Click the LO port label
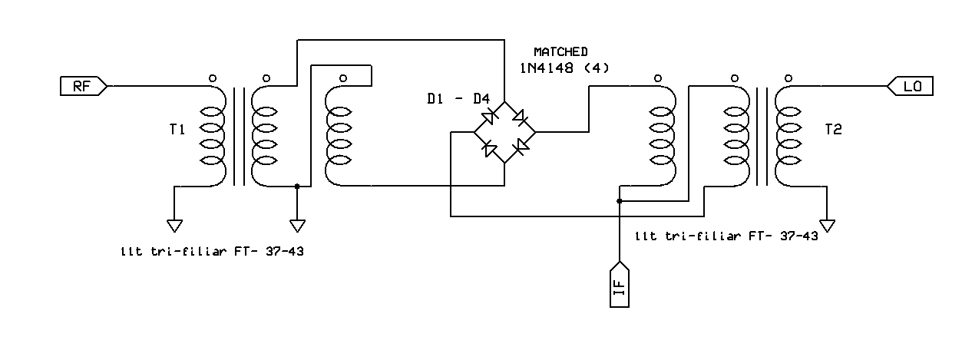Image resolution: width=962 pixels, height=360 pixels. coord(911,87)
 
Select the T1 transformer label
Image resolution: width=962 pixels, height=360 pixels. coord(177,130)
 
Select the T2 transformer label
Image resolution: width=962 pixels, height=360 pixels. coord(833,130)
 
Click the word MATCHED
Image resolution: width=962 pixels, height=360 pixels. coord(560,51)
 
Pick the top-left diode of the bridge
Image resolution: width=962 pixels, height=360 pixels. coord(488,117)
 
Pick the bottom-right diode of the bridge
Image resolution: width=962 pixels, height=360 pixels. coord(520,147)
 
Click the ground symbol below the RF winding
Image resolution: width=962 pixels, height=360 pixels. coord(174,225)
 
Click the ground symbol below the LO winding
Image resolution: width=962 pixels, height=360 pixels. coord(827,225)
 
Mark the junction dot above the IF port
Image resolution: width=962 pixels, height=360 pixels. coord(619,201)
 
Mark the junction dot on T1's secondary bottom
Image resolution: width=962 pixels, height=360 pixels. coord(297,186)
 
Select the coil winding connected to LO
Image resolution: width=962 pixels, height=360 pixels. coord(788,134)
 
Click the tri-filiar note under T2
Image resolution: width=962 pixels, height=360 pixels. coord(726,236)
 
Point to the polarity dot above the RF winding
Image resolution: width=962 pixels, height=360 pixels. coord(213,78)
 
